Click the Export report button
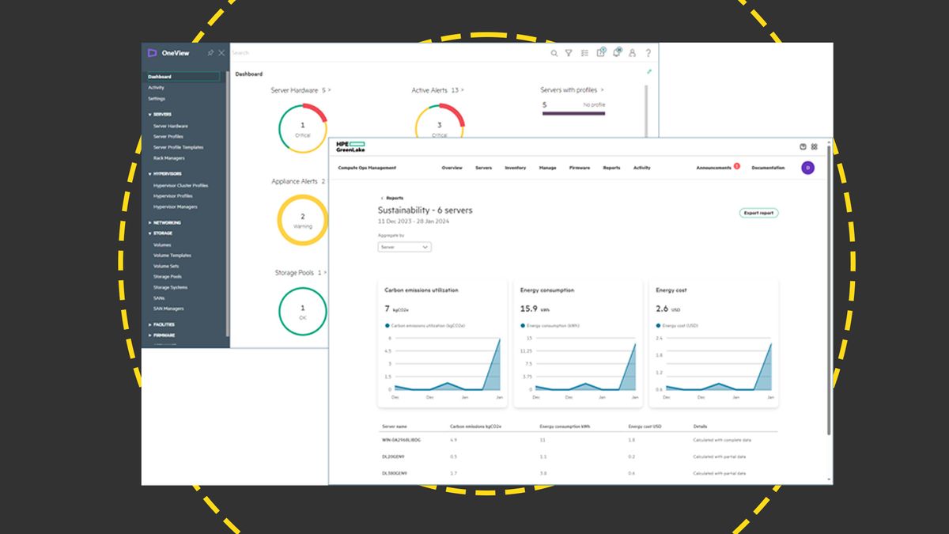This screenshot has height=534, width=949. tap(759, 213)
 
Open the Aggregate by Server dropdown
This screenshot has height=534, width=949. tap(404, 247)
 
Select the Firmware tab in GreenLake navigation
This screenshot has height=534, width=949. tap(579, 168)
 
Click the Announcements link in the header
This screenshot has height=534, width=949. tap(713, 168)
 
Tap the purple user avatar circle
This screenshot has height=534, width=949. tap(807, 168)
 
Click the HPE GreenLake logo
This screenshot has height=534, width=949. tap(350, 147)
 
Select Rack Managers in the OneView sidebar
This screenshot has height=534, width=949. tap(168, 158)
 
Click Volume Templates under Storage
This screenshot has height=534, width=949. tap(172, 256)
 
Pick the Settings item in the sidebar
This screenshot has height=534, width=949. tap(157, 99)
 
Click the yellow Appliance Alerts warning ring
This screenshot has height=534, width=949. tap(302, 219)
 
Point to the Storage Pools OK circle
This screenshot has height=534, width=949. tap(302, 311)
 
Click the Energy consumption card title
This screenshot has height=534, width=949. tap(547, 290)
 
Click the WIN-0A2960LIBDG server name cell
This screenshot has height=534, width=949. tap(402, 440)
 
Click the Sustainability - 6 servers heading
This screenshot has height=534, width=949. tap(425, 210)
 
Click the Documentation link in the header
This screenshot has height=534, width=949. tap(768, 168)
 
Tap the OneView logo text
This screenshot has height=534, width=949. tap(175, 53)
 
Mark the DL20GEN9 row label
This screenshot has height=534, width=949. tap(394, 456)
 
